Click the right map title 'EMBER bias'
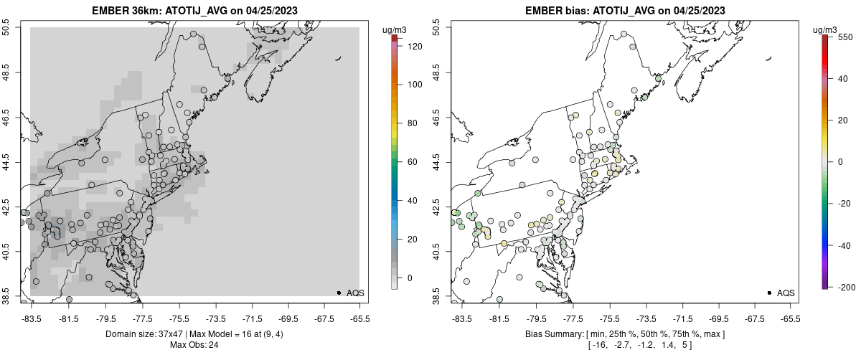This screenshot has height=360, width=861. (556, 11)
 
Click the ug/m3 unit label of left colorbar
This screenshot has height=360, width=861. (396, 29)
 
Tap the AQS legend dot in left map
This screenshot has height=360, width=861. (339, 293)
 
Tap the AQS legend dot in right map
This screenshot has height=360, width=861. (769, 293)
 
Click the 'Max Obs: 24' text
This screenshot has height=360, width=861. (194, 345)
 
